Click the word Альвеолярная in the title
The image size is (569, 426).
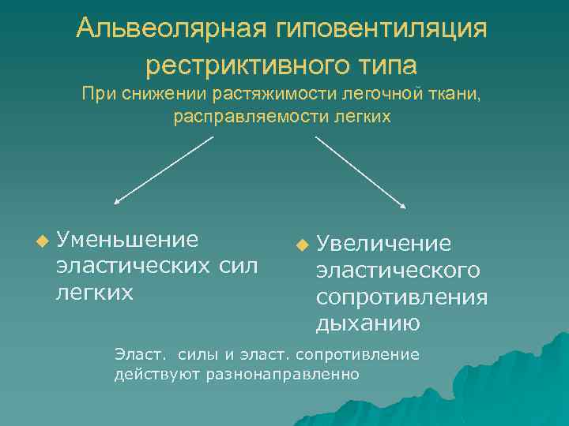[173, 30]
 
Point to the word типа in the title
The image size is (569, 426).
[388, 64]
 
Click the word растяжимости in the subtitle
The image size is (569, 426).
[281, 95]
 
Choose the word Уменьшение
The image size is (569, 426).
[127, 238]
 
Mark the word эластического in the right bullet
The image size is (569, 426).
[398, 271]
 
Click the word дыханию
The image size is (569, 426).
[368, 323]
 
